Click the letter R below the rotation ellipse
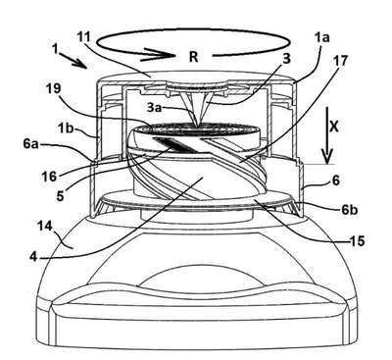193,57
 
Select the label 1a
321,38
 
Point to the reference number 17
341,60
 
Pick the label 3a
154,108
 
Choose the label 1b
68,128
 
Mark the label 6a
30,144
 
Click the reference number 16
49,177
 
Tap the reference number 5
60,195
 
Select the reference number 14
45,226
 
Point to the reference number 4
33,257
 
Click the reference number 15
356,241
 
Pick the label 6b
349,210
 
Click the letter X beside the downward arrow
333,127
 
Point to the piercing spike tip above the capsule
197,125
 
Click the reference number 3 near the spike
286,59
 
